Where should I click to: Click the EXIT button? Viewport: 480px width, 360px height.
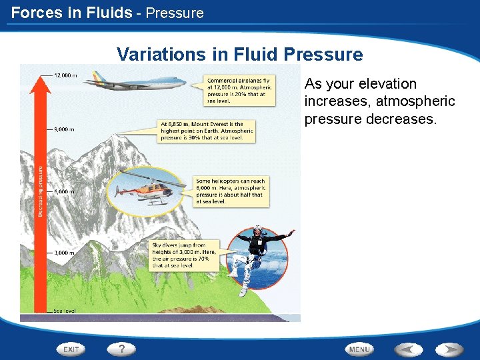(71, 349)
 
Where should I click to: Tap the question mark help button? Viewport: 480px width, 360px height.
(121, 349)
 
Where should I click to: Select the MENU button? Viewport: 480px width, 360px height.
(359, 349)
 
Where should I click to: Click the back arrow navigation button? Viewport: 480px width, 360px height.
(407, 349)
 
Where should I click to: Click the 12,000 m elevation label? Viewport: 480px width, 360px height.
(65, 75)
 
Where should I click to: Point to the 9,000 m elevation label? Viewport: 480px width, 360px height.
(64, 129)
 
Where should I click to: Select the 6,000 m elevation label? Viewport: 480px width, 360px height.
(64, 191)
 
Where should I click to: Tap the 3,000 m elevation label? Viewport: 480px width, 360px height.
(64, 253)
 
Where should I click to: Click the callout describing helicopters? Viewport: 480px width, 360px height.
(231, 191)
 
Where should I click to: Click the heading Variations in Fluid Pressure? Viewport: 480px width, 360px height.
(239, 54)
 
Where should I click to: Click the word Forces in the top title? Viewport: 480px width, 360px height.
(31, 12)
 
